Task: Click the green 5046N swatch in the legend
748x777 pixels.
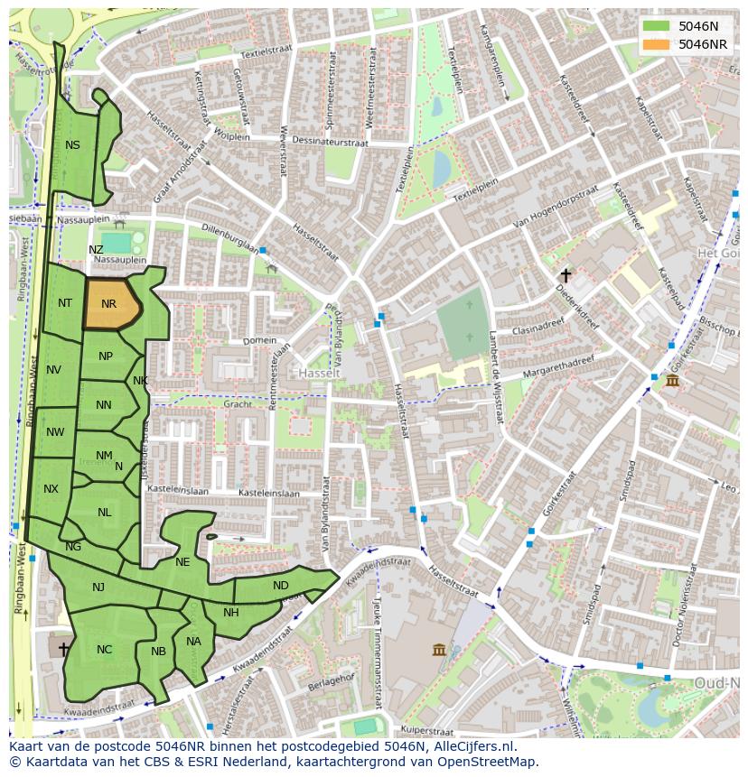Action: [x=656, y=26]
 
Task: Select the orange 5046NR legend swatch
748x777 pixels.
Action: [x=656, y=44]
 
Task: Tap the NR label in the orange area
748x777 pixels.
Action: [x=109, y=304]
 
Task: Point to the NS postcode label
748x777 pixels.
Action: [x=72, y=145]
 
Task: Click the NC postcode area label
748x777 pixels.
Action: [x=105, y=650]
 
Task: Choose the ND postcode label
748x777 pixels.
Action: [x=281, y=586]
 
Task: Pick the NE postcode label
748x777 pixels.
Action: [x=182, y=562]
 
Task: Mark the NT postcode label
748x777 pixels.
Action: [x=65, y=303]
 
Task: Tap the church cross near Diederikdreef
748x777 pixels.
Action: [x=566, y=275]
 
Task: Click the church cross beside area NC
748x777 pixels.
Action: [x=63, y=649]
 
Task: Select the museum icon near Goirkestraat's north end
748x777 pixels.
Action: [x=672, y=383]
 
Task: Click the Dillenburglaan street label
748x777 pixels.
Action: [x=230, y=239]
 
